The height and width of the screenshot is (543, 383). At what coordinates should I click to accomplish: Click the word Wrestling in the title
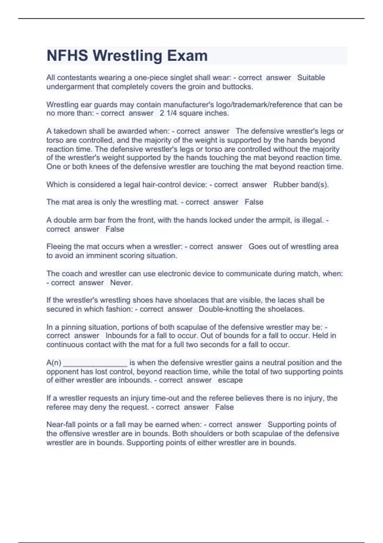(x=127, y=56)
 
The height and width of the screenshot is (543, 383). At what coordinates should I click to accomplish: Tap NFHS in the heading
(x=67, y=56)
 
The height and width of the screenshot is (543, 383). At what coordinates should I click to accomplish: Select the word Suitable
(x=311, y=78)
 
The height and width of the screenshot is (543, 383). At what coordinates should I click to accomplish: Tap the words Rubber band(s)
(x=301, y=185)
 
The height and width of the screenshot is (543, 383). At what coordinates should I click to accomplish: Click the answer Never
(x=121, y=283)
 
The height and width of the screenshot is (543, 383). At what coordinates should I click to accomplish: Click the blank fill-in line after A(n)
(x=95, y=363)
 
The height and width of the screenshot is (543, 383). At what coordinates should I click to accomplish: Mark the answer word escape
(x=230, y=380)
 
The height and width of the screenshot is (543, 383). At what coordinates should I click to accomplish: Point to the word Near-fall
(x=61, y=424)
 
